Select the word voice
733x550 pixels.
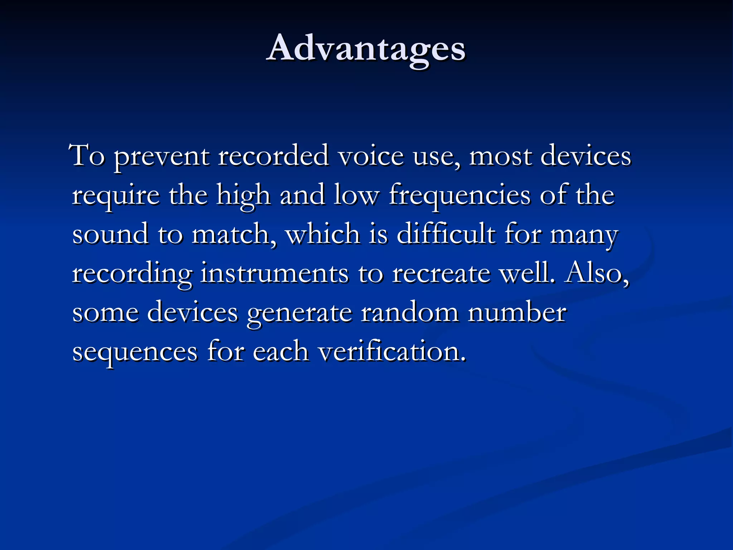click(x=371, y=156)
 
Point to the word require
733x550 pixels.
click(x=116, y=196)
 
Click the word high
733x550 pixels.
click(x=243, y=196)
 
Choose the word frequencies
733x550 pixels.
click(x=460, y=196)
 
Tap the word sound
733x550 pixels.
click(x=110, y=235)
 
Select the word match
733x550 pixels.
click(x=233, y=235)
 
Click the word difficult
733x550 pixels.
click(x=446, y=235)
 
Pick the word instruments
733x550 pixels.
click(x=274, y=274)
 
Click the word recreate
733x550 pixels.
click(x=441, y=274)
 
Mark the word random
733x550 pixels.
click(x=409, y=312)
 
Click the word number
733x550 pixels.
click(x=518, y=312)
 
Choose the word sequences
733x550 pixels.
click(x=135, y=352)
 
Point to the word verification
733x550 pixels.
click(x=392, y=352)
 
